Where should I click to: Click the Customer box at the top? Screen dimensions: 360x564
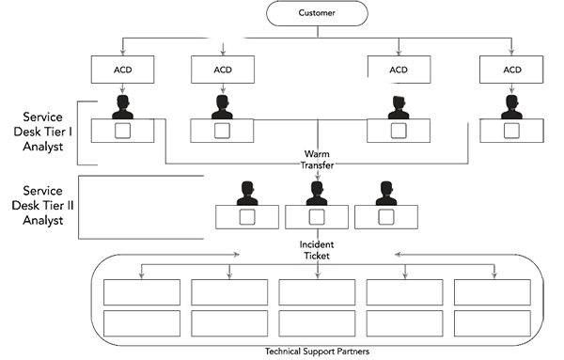pos(315,14)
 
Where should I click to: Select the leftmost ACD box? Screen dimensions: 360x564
pos(122,70)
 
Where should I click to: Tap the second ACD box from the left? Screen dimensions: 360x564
pos(222,70)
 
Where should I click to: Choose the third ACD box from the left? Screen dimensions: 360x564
pos(399,70)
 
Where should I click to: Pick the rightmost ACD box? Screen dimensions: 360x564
pos(511,70)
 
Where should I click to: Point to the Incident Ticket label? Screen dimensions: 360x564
pos(316,249)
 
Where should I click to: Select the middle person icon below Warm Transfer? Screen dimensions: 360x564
pos(316,193)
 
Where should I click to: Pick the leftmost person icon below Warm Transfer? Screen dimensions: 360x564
pos(247,193)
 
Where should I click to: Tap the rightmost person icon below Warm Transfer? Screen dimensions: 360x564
pos(384,193)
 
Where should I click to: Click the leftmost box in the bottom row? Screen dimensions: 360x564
pos(139,305)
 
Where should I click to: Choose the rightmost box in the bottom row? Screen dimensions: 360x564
pos(491,305)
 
